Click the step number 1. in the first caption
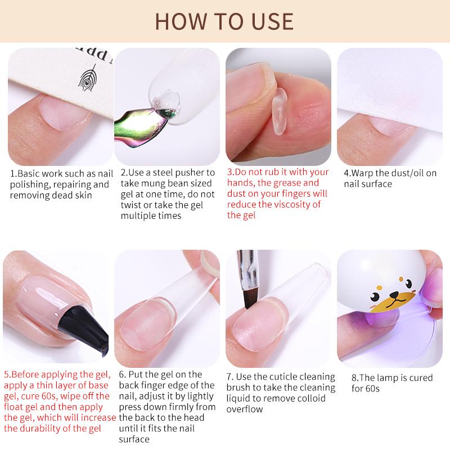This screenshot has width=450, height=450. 14,173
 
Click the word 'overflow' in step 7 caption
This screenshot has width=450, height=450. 245,409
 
